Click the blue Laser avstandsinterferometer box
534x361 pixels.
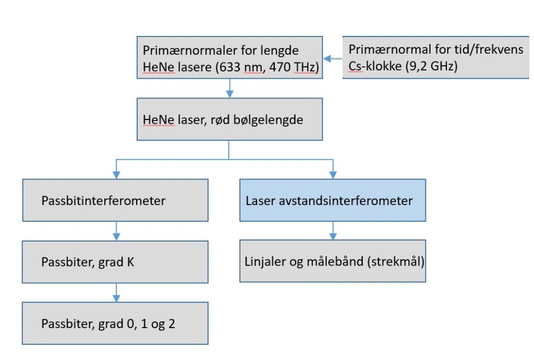(x=333, y=200)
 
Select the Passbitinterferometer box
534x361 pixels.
(x=115, y=200)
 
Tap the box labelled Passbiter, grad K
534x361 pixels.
(x=115, y=262)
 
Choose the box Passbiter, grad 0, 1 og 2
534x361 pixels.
(x=115, y=323)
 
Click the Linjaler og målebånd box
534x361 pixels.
(x=333, y=261)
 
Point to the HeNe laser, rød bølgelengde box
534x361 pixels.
(x=230, y=119)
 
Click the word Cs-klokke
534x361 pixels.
(x=375, y=66)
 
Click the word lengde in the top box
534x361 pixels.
(x=280, y=51)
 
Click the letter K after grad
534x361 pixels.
(x=130, y=262)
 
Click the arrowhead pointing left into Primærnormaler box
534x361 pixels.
(x=327, y=58)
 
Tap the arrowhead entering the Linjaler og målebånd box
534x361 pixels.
(x=333, y=236)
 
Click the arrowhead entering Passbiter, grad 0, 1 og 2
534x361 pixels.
(x=116, y=298)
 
